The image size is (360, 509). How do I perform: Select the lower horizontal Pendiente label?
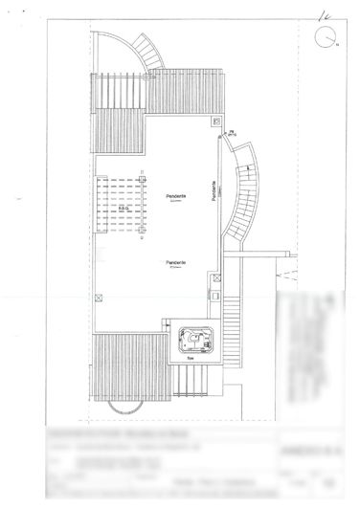(175, 262)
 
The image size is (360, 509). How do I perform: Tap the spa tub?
(196, 338)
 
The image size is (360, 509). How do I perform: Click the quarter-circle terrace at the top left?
(114, 53)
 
